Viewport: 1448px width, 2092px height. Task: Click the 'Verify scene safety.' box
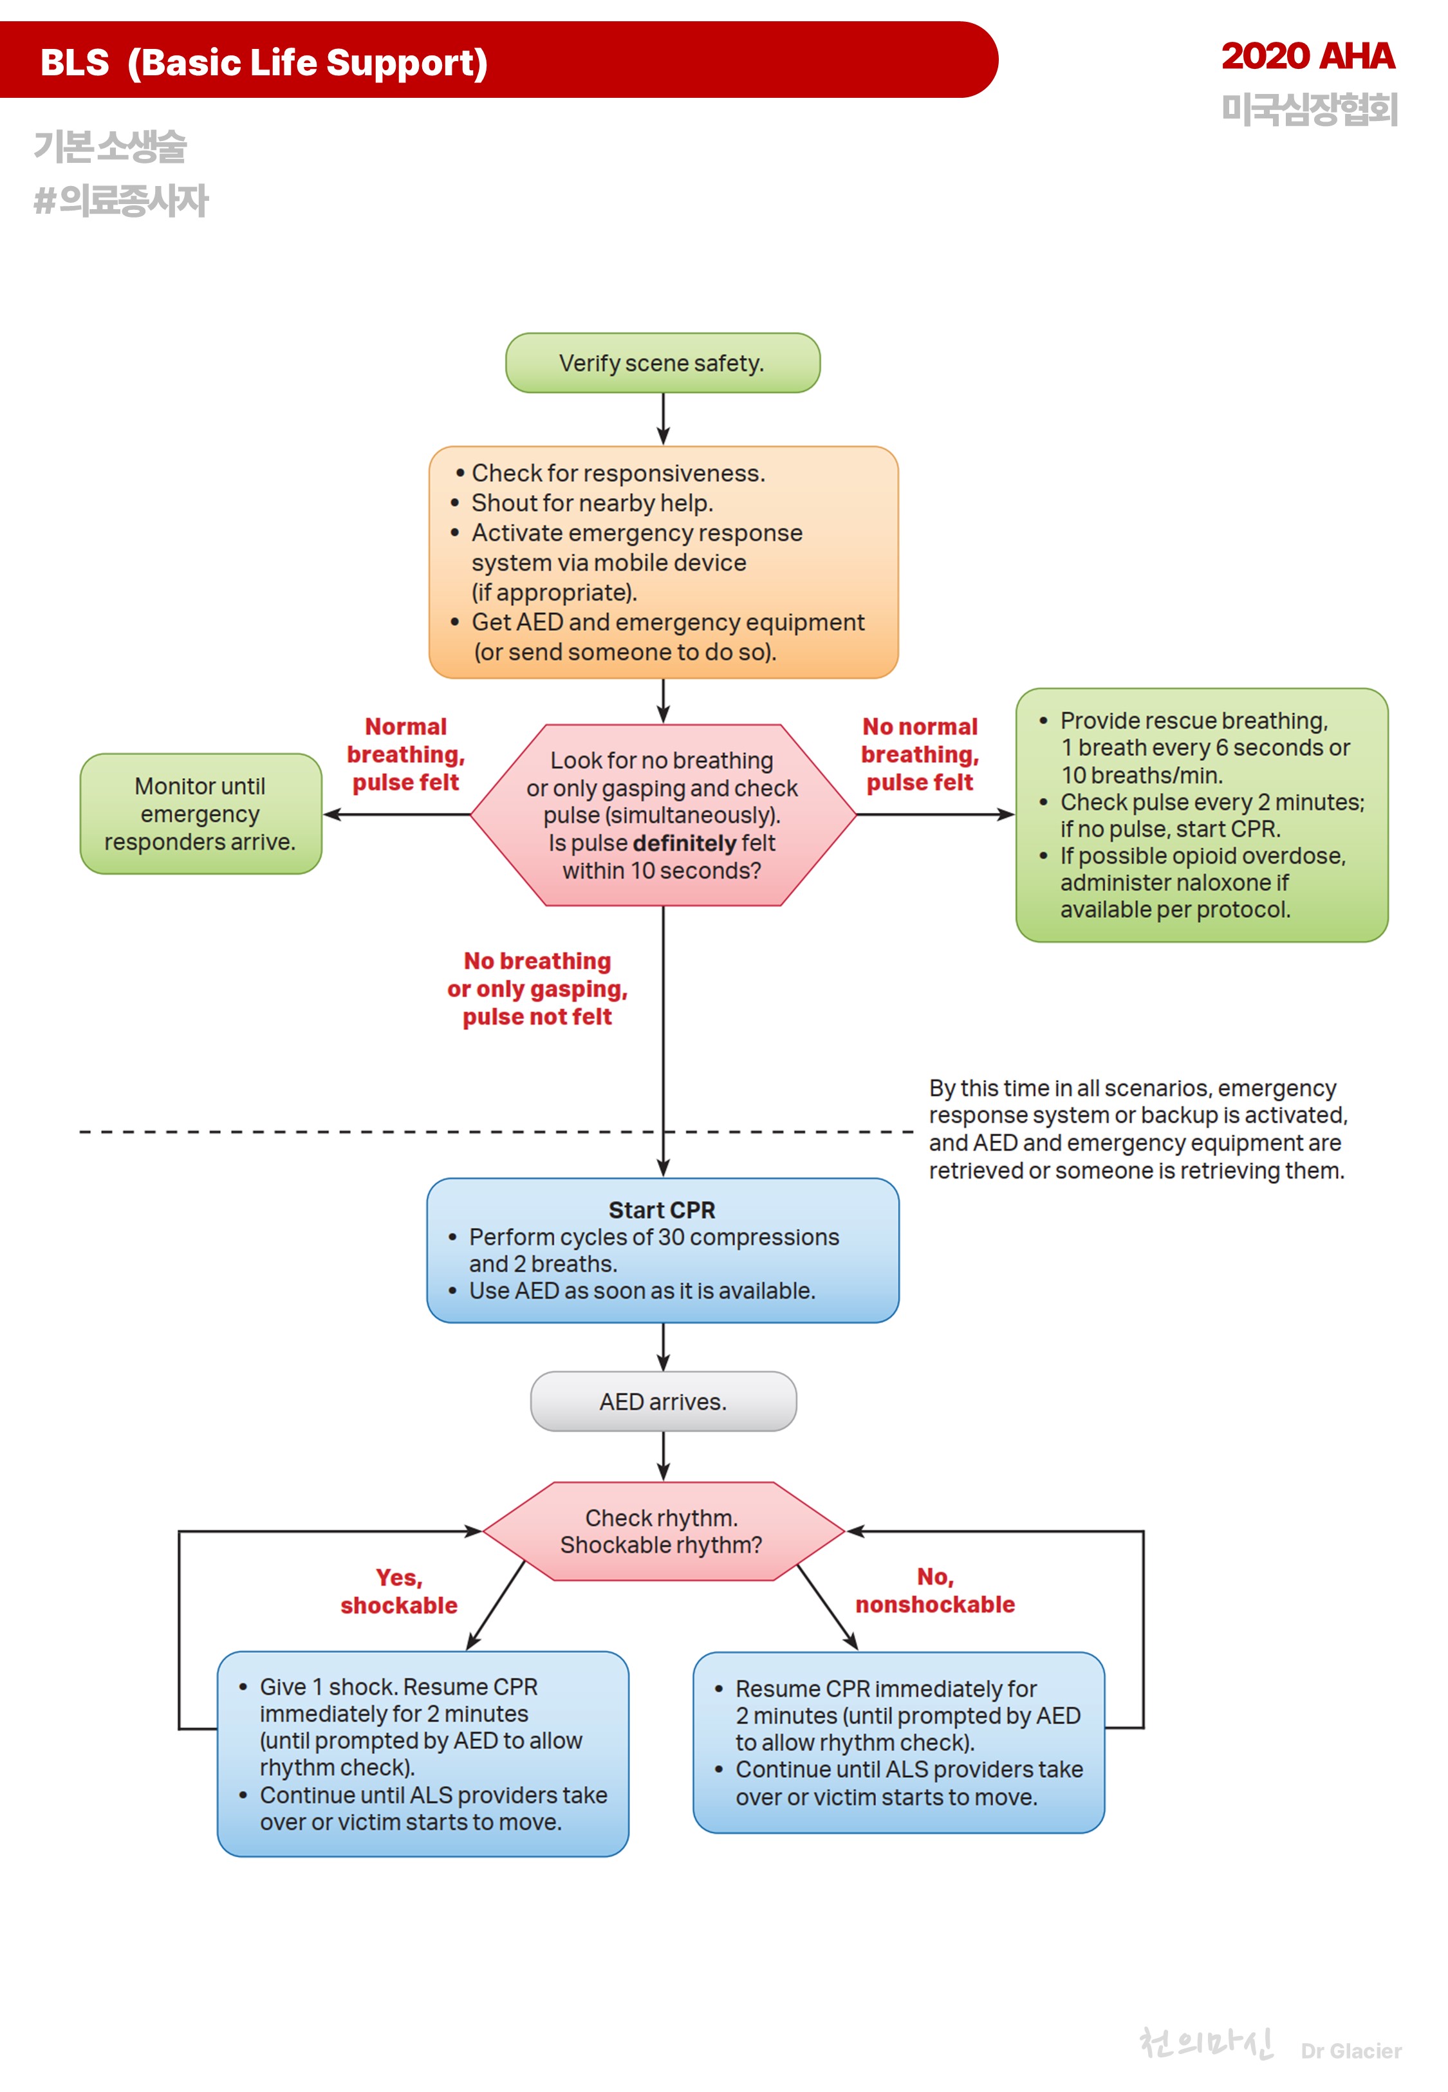tap(662, 363)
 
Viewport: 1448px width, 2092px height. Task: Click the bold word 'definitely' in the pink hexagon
tap(684, 844)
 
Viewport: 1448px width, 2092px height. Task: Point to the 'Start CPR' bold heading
tap(662, 1210)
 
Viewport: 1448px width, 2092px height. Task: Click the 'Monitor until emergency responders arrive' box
tap(201, 814)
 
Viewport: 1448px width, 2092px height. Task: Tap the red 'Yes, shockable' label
tap(399, 1591)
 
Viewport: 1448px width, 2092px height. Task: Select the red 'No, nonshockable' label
tap(934, 1591)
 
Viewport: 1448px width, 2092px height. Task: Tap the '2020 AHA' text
tap(1306, 56)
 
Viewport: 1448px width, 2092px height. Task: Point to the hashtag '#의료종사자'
tap(121, 200)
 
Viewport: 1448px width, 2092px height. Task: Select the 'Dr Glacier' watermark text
tap(1350, 2051)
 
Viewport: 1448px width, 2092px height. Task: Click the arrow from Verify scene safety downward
tap(664, 418)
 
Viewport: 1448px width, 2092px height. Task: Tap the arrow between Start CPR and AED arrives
tap(664, 1347)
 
